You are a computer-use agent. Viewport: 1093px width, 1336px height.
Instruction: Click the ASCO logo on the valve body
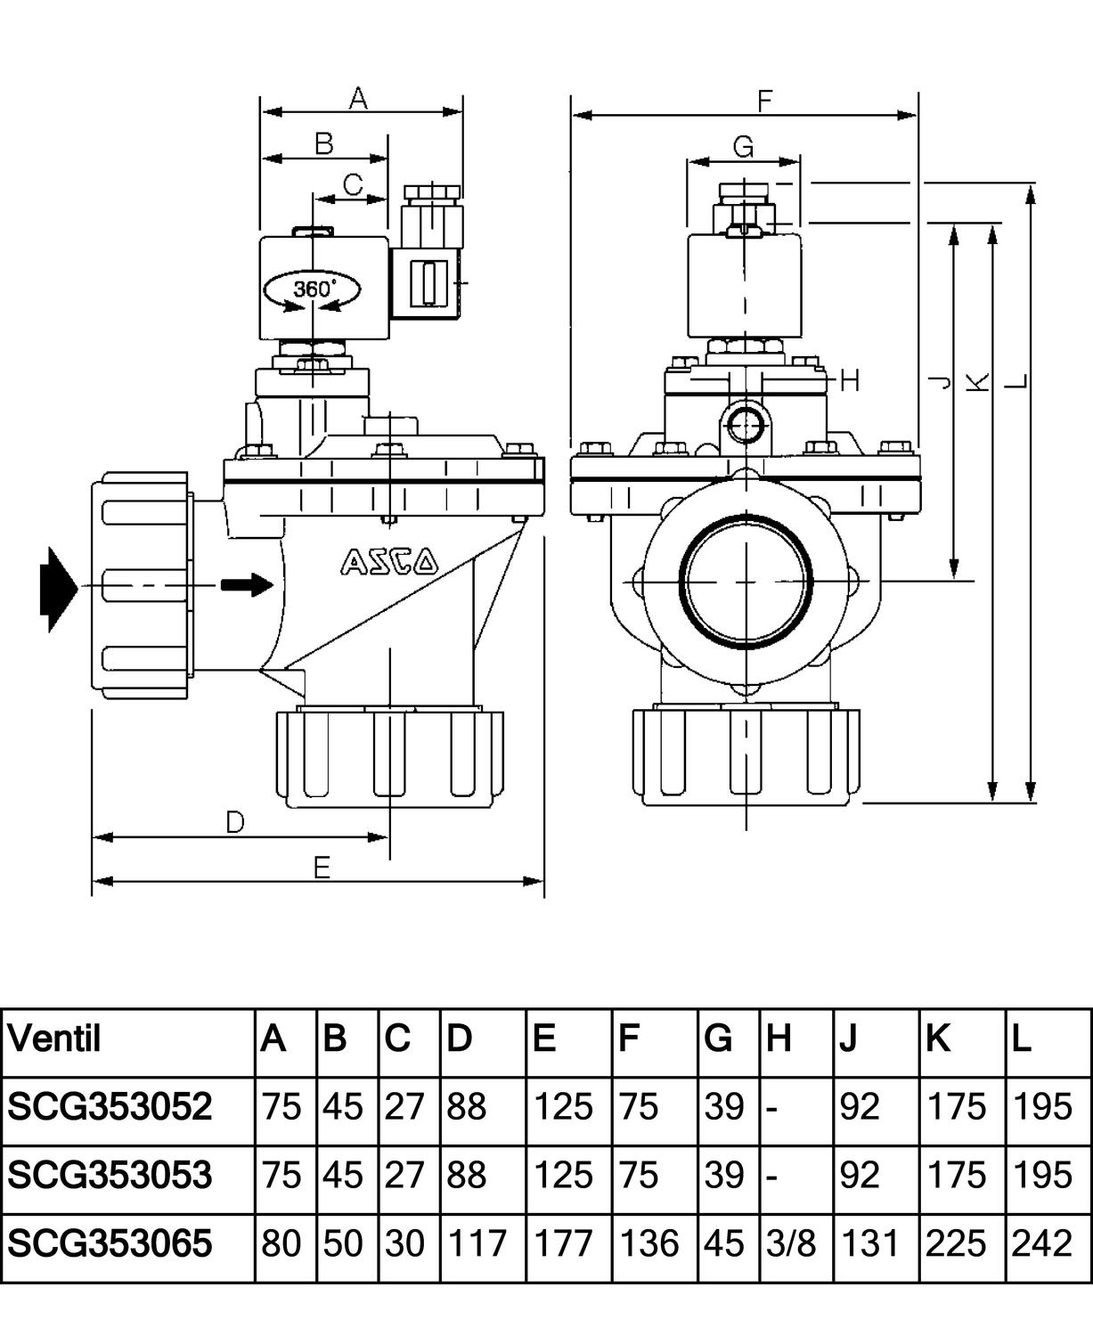pos(389,561)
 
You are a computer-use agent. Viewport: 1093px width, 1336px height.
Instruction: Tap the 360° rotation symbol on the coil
pos(314,289)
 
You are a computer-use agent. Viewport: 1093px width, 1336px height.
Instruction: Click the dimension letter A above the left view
pos(358,97)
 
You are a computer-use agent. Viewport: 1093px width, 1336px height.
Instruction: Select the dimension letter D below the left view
pos(234,821)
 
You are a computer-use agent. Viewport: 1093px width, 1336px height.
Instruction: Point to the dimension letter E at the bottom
pos(322,867)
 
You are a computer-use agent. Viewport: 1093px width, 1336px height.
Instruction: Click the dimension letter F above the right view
pos(764,101)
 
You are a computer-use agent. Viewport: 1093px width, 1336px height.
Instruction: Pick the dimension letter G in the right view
pos(743,147)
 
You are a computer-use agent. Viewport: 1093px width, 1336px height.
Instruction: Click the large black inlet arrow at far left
pos(58,589)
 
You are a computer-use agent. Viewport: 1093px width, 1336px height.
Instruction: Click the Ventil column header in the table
pos(54,1039)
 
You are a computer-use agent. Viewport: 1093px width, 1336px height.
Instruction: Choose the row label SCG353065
pos(110,1243)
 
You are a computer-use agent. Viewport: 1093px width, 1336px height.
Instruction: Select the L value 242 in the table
pos(1041,1243)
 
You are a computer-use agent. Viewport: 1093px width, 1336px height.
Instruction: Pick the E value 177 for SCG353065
pos(563,1243)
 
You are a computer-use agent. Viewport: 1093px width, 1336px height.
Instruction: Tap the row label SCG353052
pos(110,1107)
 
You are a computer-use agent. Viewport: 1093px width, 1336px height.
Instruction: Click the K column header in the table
pos(939,1039)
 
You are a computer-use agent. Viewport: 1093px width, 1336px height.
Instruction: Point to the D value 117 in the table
pos(477,1243)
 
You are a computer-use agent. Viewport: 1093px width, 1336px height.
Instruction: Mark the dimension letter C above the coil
pos(353,184)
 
